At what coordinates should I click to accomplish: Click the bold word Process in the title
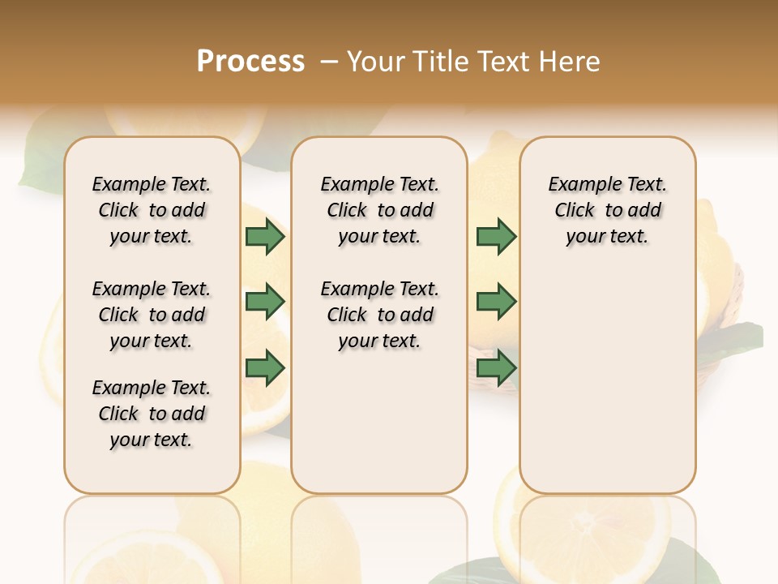[250, 62]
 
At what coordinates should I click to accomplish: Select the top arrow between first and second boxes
[265, 237]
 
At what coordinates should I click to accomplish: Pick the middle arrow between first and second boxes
[265, 303]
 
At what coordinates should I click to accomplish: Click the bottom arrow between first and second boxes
[265, 368]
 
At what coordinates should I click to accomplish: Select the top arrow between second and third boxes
[496, 237]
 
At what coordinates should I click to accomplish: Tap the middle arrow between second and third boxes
[496, 303]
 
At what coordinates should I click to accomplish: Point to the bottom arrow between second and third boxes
[496, 368]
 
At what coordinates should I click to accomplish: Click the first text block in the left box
[152, 210]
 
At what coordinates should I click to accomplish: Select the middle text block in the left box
[152, 315]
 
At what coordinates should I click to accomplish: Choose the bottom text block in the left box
[152, 414]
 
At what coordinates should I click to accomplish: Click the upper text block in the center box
[379, 210]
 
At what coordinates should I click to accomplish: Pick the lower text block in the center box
[379, 315]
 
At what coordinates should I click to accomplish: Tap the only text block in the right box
[607, 210]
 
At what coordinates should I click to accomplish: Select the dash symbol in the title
[330, 62]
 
